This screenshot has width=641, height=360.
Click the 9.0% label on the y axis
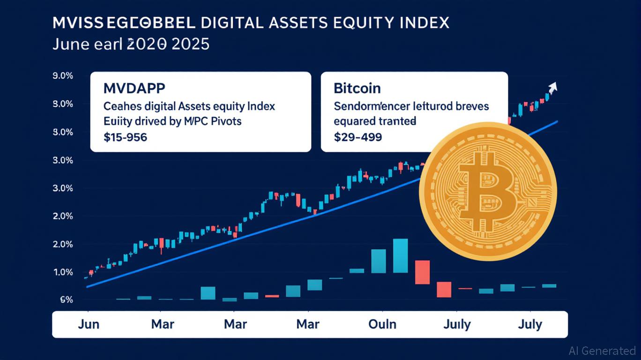click(x=63, y=75)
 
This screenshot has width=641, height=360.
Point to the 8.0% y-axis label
click(x=63, y=104)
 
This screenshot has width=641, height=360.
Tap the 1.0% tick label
click(x=63, y=272)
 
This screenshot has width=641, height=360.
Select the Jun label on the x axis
click(x=88, y=324)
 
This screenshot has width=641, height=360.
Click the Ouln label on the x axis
click(x=382, y=324)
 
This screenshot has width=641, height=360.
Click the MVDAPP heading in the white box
click(x=132, y=88)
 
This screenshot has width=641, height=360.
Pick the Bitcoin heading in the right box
click(x=357, y=88)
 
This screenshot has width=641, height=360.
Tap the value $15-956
click(x=125, y=137)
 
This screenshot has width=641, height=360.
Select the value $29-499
click(x=358, y=137)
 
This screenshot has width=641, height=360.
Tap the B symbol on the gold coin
click(x=487, y=192)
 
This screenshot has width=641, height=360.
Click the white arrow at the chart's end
click(x=552, y=88)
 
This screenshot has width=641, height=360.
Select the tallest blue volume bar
click(x=400, y=255)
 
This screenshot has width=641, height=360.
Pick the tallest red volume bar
click(x=422, y=272)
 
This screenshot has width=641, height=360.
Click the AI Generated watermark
click(x=602, y=351)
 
